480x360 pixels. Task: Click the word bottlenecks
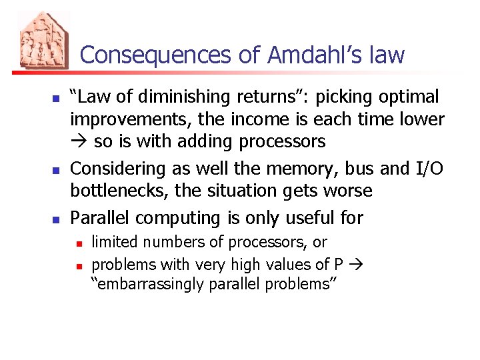click(x=119, y=191)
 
